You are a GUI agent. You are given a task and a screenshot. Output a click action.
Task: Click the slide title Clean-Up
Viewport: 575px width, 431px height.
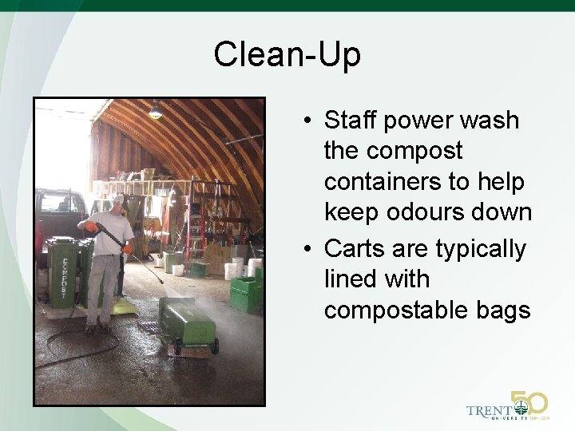tap(287, 55)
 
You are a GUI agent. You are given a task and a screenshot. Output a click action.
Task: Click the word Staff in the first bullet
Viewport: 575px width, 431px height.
tap(351, 121)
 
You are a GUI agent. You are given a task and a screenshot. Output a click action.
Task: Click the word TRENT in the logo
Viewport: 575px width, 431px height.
tap(490, 411)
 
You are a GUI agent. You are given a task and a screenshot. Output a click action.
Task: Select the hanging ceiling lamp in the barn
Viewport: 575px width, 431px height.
tap(156, 113)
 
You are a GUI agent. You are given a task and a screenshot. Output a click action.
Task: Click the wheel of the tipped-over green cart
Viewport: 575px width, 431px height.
tap(213, 346)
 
